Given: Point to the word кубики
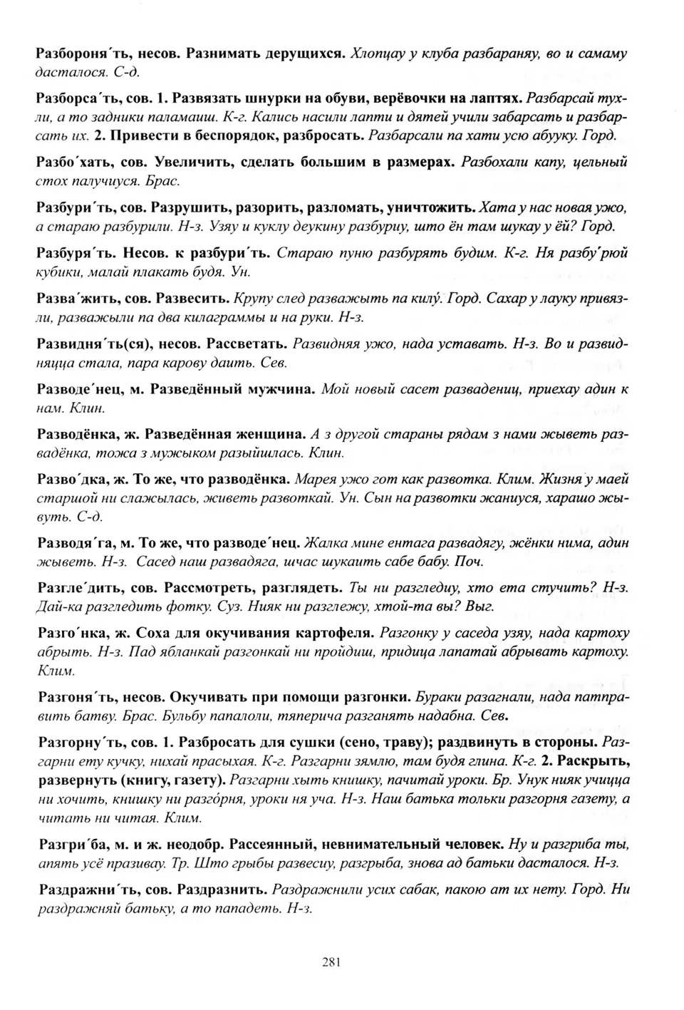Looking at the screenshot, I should (x=58, y=272).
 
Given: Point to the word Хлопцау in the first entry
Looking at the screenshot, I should (x=382, y=54).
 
